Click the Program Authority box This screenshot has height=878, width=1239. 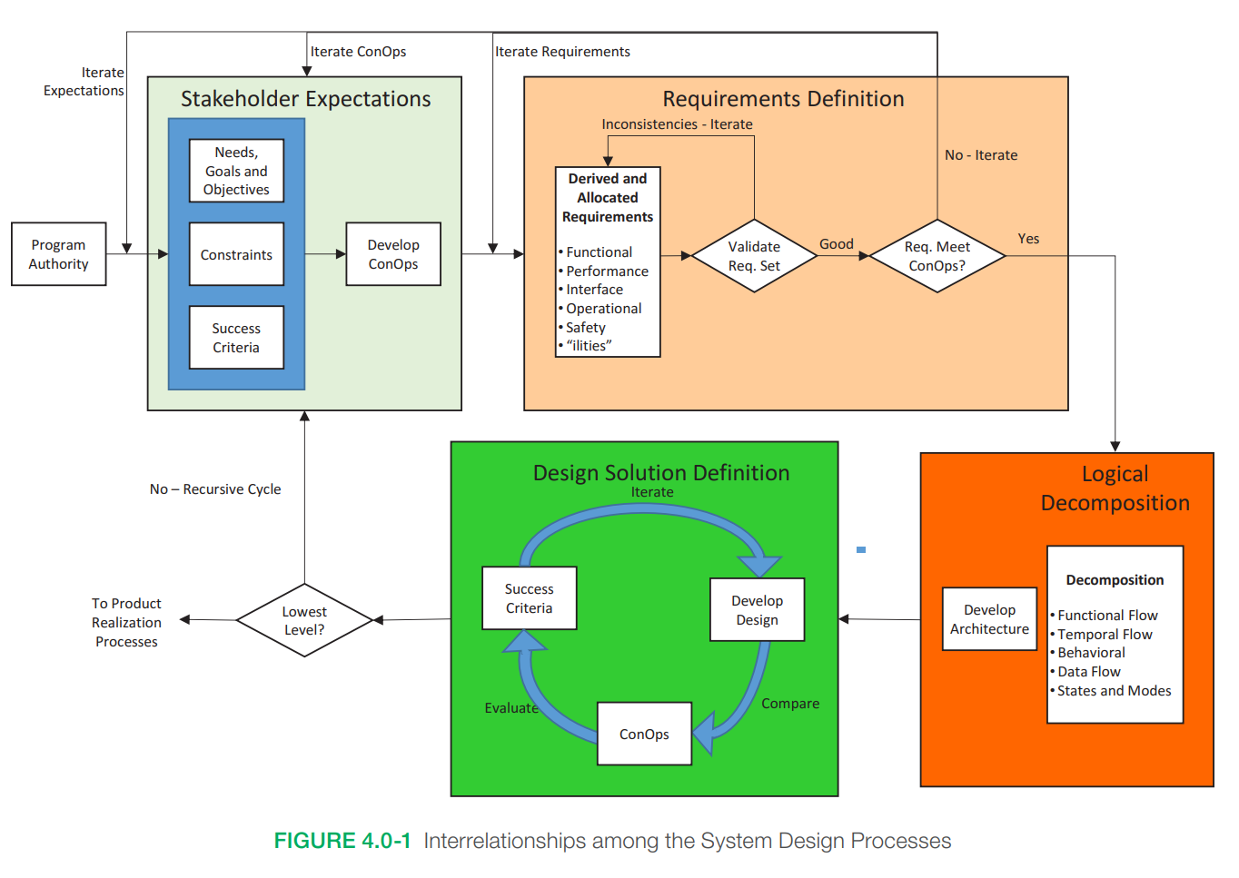pos(58,254)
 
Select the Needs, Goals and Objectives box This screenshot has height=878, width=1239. pos(236,171)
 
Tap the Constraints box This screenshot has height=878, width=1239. pos(236,254)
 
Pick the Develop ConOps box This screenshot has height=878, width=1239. pos(393,254)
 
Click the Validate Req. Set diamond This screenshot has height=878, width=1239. pos(754,256)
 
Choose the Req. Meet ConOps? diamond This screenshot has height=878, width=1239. pos(937,256)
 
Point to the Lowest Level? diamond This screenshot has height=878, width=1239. pos(304,620)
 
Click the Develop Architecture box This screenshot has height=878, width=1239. pos(989,619)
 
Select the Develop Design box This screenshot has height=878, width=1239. pos(757,610)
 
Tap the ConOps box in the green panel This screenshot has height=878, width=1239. pos(644,734)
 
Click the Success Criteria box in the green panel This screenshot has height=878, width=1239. pos(529,598)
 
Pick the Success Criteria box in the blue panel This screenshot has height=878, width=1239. pos(236,338)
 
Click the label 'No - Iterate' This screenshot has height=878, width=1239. pos(981,155)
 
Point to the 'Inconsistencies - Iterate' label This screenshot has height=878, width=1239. pos(677,124)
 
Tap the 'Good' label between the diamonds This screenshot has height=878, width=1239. pos(837,243)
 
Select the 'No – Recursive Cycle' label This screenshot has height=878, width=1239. pos(215,489)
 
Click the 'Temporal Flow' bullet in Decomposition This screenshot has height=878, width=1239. pos(1105,635)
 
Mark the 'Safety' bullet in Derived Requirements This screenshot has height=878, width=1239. pos(586,328)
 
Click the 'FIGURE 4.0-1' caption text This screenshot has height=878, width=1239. pos(342,841)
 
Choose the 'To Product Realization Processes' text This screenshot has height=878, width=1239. pos(126,623)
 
